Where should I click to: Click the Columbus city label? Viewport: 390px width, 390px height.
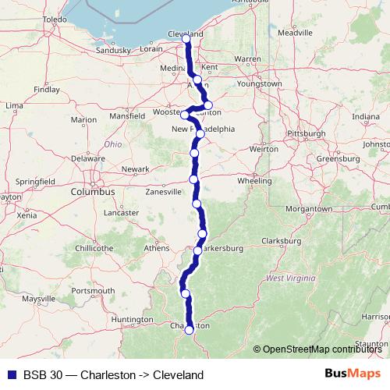click(x=92, y=191)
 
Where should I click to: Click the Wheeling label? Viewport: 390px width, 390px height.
click(x=254, y=180)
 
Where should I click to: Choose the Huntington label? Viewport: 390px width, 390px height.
click(x=132, y=319)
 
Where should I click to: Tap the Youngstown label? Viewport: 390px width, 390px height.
click(x=260, y=83)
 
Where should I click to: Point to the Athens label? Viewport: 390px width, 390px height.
click(x=157, y=248)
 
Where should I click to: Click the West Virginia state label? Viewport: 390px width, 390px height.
click(x=290, y=278)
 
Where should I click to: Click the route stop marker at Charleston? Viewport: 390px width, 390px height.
click(x=189, y=330)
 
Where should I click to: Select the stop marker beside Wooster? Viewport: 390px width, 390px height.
click(x=185, y=114)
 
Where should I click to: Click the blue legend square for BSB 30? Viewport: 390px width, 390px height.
click(x=9, y=374)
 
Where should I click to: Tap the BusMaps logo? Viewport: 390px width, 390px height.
click(x=353, y=374)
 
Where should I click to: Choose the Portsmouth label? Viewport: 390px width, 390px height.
click(x=87, y=291)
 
